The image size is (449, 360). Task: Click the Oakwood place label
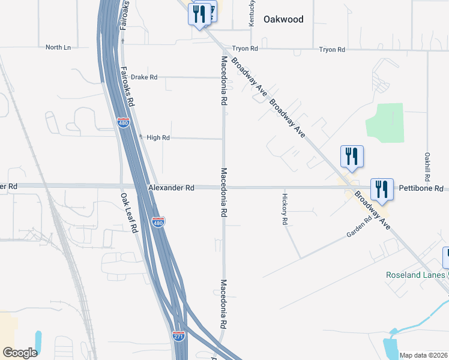click(x=283, y=19)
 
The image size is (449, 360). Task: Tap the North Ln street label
click(x=58, y=47)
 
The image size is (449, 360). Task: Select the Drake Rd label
click(x=144, y=77)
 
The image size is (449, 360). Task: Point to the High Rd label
click(x=158, y=137)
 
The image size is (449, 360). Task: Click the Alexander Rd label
click(x=171, y=188)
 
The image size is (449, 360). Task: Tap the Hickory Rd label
click(x=285, y=209)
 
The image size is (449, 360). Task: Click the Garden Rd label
click(x=360, y=227)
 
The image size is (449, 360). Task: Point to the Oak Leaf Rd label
click(x=129, y=213)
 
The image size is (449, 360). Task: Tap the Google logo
click(x=20, y=352)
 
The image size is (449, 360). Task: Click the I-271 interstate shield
click(x=178, y=337)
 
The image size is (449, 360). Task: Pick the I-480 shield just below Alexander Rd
click(x=158, y=223)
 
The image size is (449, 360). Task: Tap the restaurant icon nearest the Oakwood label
click(x=200, y=14)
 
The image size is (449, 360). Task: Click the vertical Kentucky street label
click(x=251, y=13)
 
